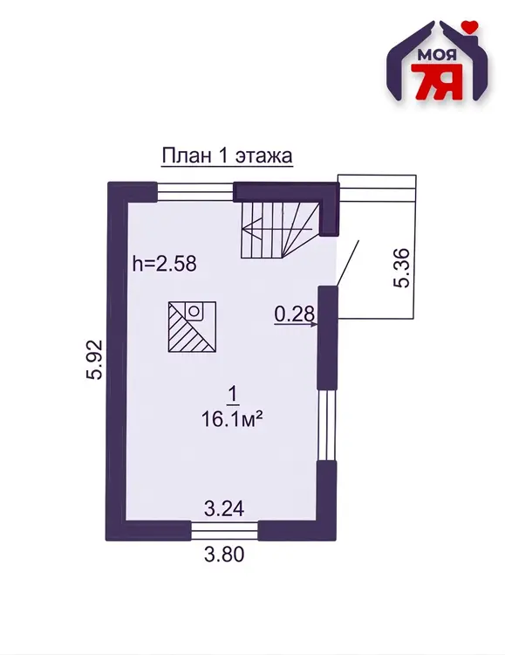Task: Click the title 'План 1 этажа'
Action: coord(227,155)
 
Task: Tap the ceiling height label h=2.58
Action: coord(164,264)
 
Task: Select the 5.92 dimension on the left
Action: coord(94,359)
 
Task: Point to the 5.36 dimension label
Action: coord(401,268)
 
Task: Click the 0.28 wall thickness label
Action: coord(294,314)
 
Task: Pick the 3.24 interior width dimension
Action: coord(223,509)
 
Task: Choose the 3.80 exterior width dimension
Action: coord(223,555)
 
